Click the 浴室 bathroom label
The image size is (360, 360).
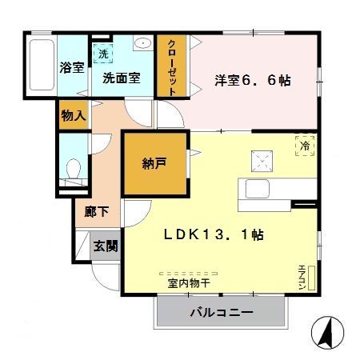72,68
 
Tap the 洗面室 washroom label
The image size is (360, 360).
121,78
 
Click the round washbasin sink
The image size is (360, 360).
142,45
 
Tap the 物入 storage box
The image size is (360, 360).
73,115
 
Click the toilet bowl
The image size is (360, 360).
74,170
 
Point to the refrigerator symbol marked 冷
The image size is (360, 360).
305,146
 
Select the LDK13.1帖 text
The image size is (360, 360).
214,235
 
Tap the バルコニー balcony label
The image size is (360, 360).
222,312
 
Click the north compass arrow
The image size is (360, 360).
327,330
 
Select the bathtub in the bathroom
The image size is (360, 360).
42,67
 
